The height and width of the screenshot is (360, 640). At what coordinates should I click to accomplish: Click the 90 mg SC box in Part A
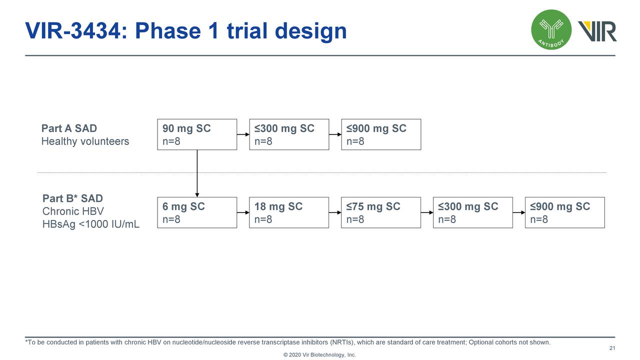coord(196,134)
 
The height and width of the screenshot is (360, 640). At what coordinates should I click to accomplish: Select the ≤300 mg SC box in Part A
coord(288,134)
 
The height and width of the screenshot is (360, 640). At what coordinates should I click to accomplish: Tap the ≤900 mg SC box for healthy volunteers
coord(380,134)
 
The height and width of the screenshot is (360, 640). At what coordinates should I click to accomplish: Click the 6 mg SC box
coord(196,212)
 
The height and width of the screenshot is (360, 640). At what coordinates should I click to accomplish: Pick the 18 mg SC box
coord(288,212)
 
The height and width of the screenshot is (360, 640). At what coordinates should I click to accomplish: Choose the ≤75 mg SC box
coord(380,212)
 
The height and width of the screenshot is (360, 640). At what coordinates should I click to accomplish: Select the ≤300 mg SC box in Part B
coord(472,212)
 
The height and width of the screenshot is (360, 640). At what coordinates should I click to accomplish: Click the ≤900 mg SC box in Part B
coord(564,212)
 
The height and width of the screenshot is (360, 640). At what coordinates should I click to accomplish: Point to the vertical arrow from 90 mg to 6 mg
coord(197,173)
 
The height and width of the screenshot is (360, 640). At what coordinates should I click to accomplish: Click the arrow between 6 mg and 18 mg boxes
coord(243,212)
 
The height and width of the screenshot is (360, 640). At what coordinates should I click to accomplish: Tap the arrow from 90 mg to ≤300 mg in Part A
coord(243,134)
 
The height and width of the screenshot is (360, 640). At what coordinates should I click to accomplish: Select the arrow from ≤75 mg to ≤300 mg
coord(427,212)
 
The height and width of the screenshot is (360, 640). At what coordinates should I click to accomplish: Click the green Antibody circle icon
coord(551,30)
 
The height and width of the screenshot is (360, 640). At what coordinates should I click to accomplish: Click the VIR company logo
coord(597,31)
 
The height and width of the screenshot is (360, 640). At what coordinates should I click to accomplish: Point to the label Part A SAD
coord(69,129)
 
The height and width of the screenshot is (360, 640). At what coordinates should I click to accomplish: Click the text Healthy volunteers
coord(85,141)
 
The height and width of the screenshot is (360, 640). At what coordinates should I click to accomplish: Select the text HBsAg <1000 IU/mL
coord(91,225)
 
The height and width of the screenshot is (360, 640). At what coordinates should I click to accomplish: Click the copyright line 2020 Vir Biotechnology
coord(319,355)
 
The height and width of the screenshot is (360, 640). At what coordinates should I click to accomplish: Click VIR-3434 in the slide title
coord(72,31)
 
